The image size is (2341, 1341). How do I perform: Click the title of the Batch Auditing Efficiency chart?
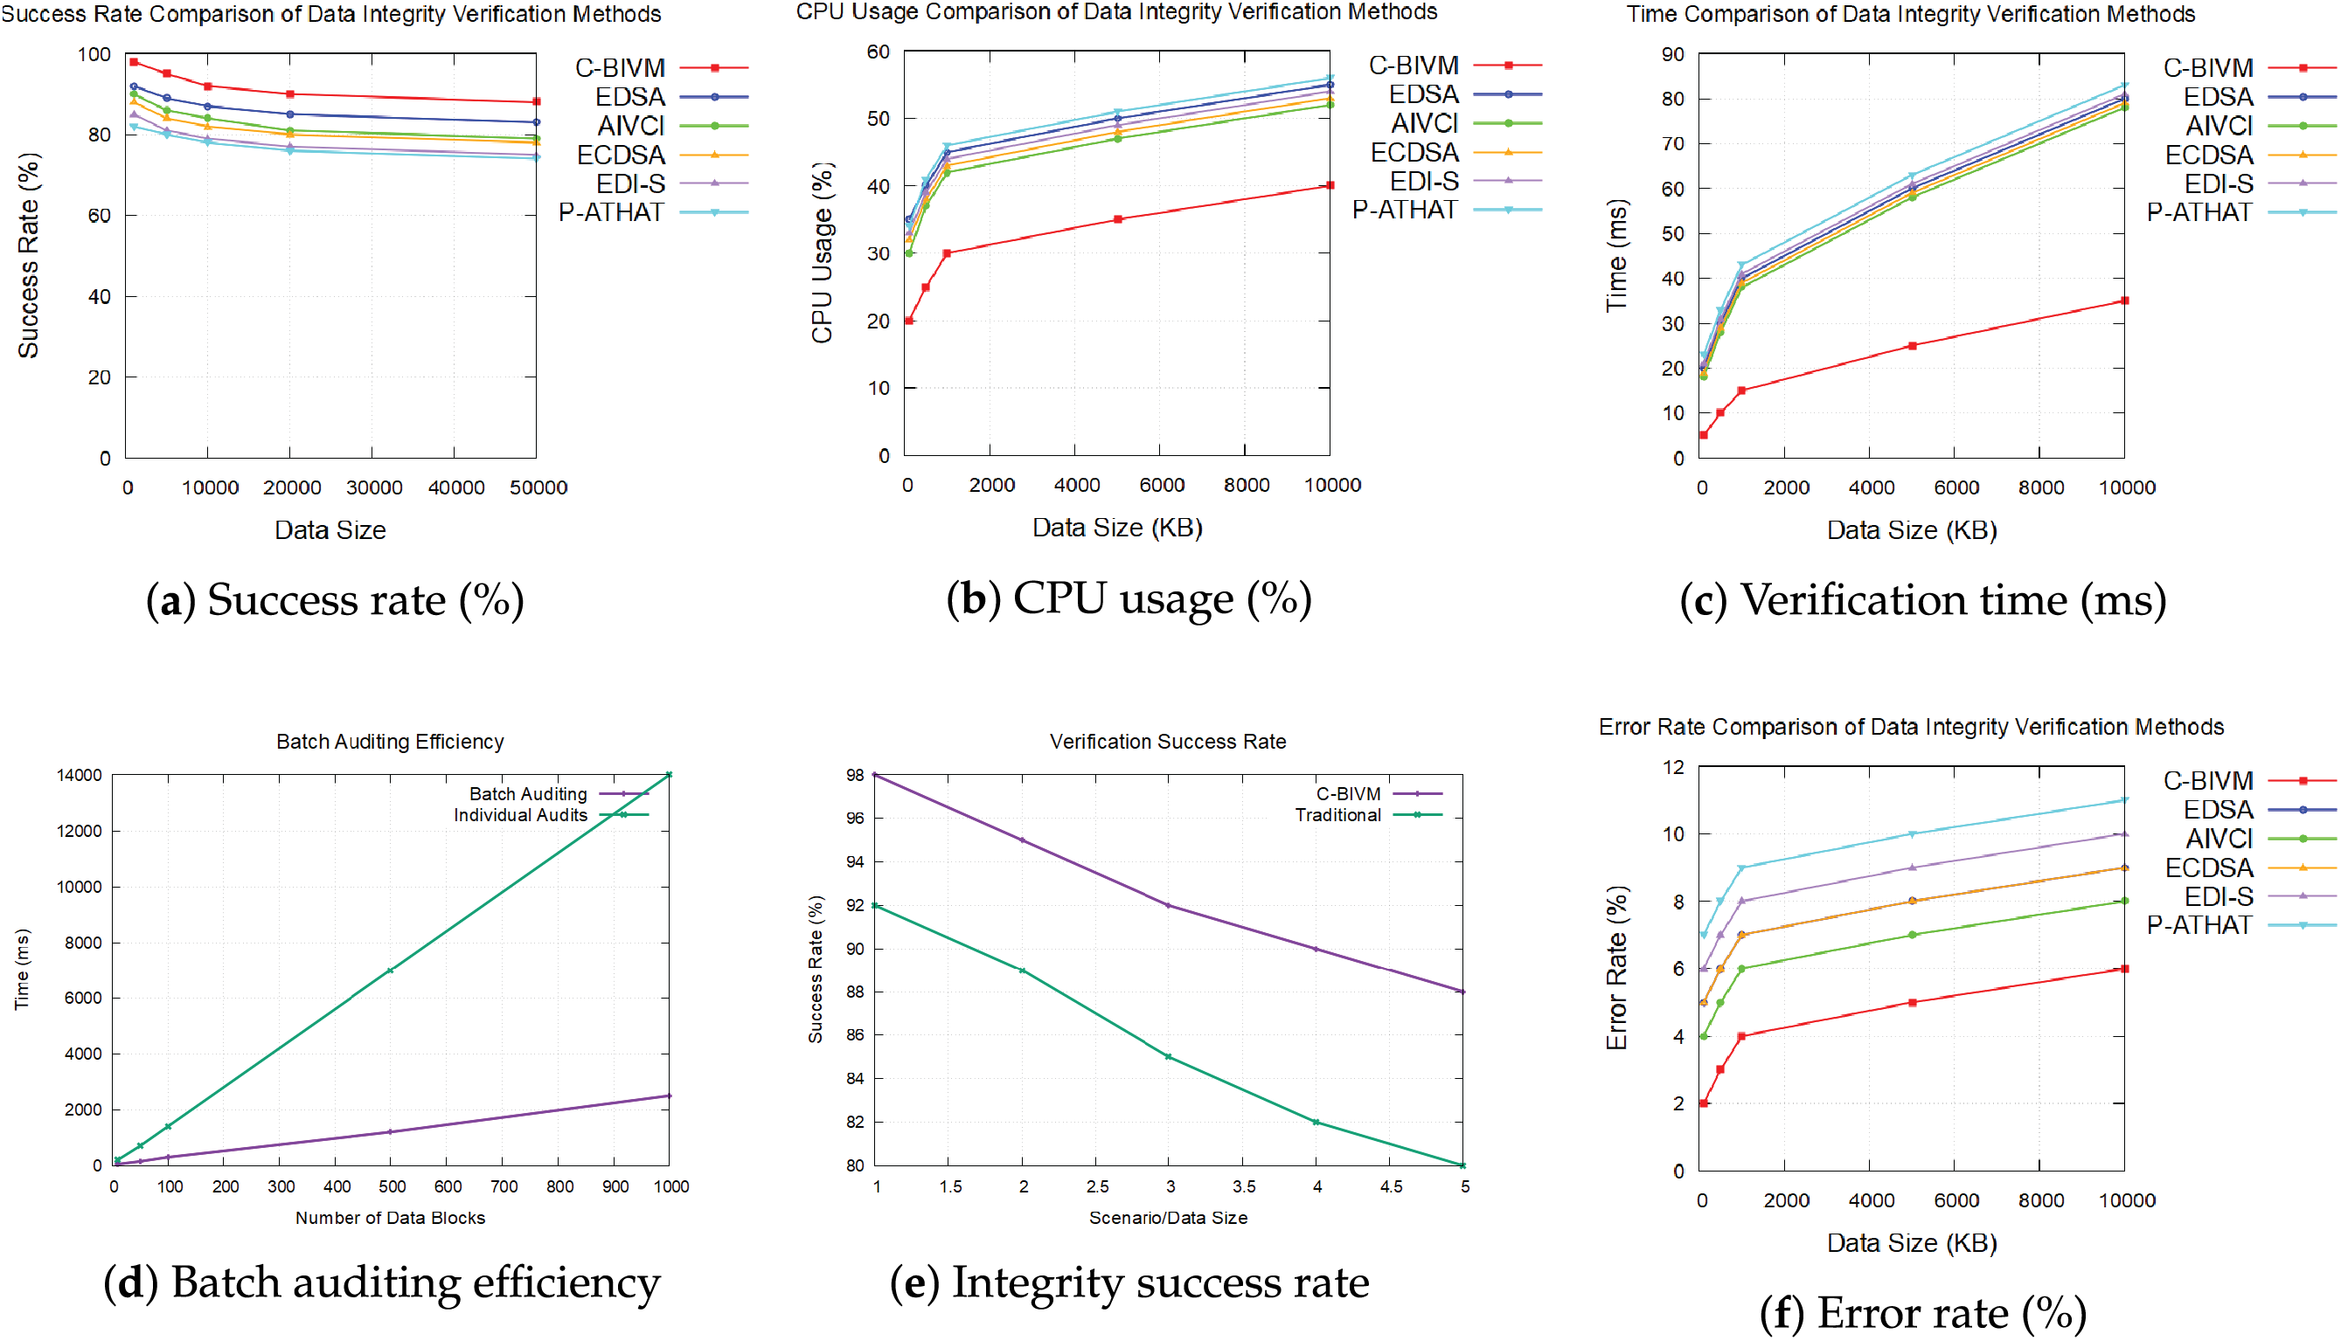(x=390, y=742)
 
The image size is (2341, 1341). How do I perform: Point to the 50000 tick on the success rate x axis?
(x=538, y=488)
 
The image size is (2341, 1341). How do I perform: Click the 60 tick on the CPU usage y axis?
(x=878, y=52)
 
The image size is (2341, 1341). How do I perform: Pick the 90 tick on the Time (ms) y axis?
(x=1672, y=54)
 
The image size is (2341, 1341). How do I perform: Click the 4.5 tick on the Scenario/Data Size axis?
(x=1391, y=1187)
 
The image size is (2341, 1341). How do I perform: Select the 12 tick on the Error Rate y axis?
(x=1673, y=767)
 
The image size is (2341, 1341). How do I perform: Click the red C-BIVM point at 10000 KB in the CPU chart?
(x=1330, y=185)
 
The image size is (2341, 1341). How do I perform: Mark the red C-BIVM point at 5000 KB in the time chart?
(x=1913, y=346)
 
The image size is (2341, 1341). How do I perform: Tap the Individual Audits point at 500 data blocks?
(x=391, y=971)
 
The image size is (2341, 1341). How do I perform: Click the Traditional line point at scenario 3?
(x=1168, y=1057)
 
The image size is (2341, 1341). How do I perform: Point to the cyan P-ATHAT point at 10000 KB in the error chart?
(x=2124, y=800)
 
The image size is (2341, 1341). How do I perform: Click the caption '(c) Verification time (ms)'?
(x=1923, y=600)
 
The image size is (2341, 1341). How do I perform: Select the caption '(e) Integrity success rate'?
(x=1129, y=1283)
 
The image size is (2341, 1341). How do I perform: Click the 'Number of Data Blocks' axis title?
(x=390, y=1218)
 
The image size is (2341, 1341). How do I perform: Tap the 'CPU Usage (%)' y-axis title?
(x=822, y=253)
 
